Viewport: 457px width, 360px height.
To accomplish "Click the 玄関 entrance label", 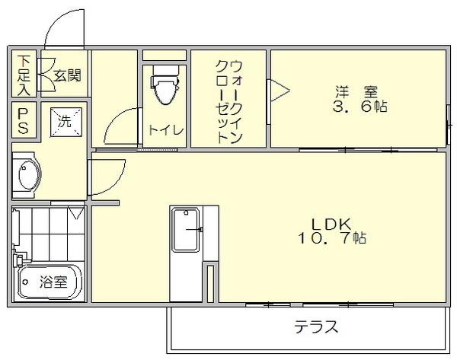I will click(x=68, y=75).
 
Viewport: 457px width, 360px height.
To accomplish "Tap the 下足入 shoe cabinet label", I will click(x=24, y=75).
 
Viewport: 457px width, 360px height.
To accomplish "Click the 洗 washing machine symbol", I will click(x=64, y=121).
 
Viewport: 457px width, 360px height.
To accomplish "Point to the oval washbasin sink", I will click(x=28, y=177).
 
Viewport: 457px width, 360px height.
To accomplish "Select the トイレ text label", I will click(x=165, y=130).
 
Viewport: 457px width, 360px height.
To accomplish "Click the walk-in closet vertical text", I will click(x=228, y=100).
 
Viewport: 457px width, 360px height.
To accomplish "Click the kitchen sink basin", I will click(x=186, y=228).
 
